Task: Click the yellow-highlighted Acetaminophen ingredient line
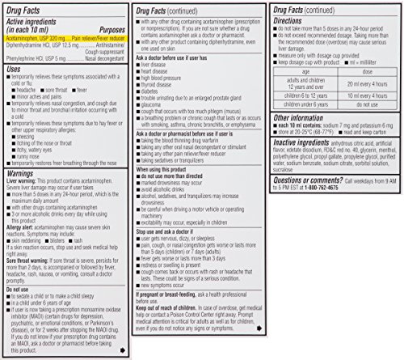[65, 37]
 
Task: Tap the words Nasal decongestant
[111, 58]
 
